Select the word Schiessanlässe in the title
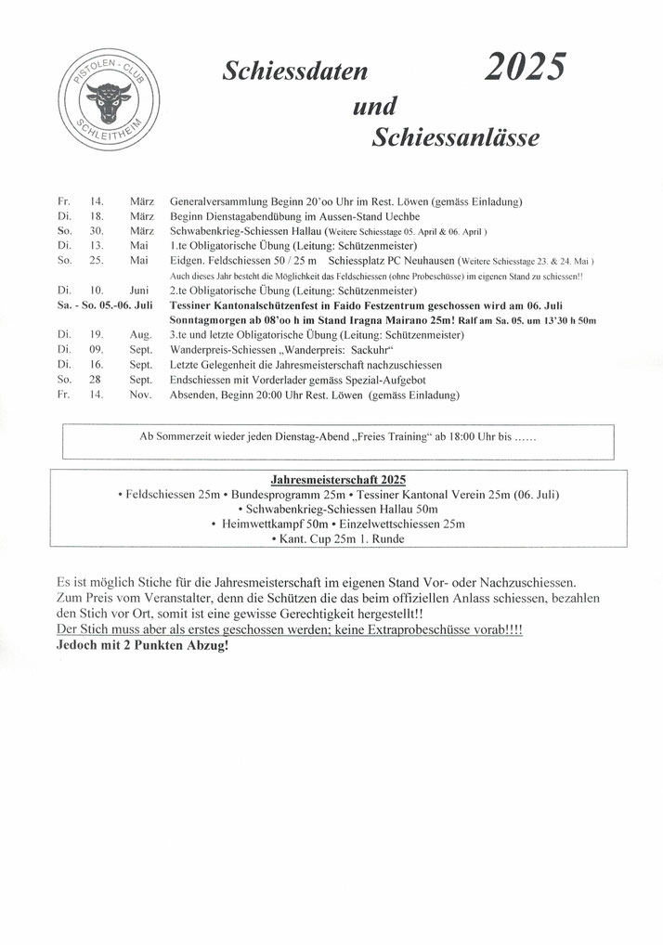coord(455,138)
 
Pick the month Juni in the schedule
coord(139,290)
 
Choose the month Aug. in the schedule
coord(140,334)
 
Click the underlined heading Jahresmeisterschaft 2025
coord(338,480)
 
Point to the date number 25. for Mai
coord(97,260)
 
